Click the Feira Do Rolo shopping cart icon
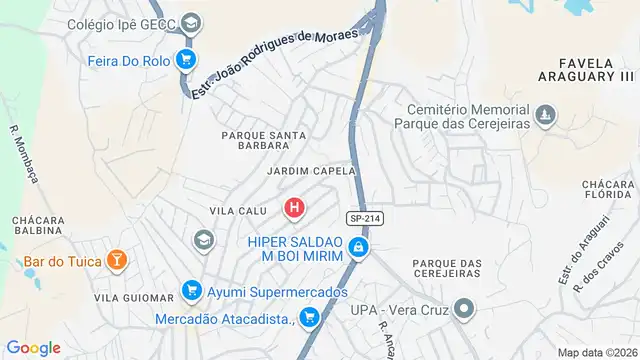tap(184, 60)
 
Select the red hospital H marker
tap(294, 208)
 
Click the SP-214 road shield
tap(365, 218)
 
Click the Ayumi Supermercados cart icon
tap(191, 292)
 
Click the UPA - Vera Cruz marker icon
tap(463, 309)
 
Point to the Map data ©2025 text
tap(597, 352)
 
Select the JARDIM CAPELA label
tap(311, 171)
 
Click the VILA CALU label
tap(236, 209)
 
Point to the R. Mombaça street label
tap(25, 156)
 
